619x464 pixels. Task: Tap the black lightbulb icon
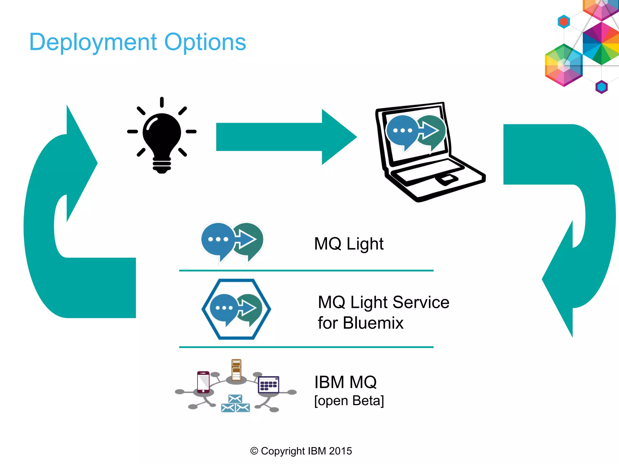point(162,136)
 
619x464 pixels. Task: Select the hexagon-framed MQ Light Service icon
point(236,309)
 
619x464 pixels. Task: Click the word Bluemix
point(373,323)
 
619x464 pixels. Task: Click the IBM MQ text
point(345,382)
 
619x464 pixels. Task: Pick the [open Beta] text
point(349,401)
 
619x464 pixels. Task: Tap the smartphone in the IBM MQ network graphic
point(203,382)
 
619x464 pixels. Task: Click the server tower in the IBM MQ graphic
point(236,370)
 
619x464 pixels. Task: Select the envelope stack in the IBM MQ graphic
point(235,404)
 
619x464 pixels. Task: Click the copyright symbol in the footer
point(254,451)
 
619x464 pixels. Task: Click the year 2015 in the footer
point(340,451)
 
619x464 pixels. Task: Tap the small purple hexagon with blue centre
point(601,87)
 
